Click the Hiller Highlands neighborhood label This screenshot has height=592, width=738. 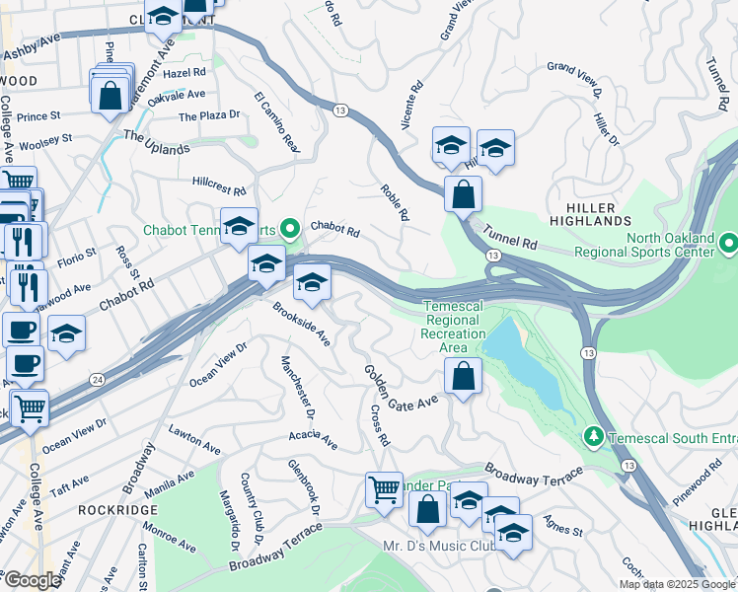[592, 216]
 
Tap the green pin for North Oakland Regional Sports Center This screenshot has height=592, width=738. [729, 243]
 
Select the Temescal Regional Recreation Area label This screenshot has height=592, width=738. [453, 327]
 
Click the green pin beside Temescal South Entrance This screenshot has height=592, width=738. [593, 435]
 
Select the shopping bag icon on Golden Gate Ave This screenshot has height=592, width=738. [463, 376]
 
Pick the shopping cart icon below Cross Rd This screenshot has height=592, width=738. [384, 489]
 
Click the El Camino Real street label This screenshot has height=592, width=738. [275, 121]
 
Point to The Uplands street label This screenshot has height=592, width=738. [156, 142]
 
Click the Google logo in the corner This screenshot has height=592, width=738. [33, 580]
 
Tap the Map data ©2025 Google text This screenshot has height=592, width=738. [678, 584]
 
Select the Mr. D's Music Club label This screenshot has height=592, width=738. [438, 546]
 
